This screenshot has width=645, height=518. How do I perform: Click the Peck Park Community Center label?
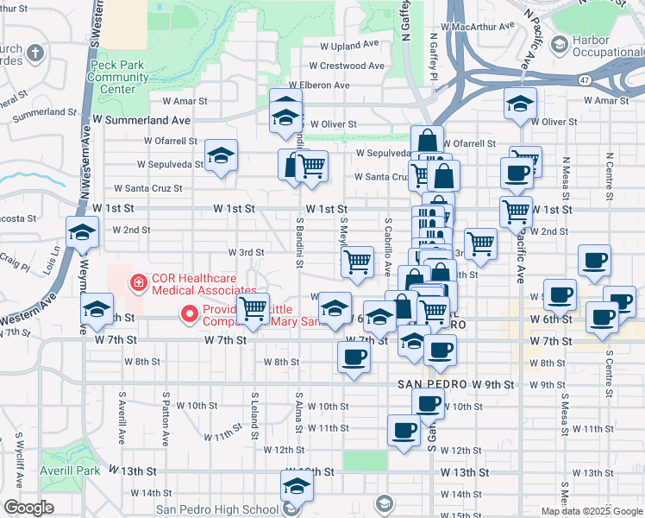(111, 77)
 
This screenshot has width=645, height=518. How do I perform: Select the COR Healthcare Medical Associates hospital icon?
(136, 281)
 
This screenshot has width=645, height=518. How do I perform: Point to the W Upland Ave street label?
(349, 45)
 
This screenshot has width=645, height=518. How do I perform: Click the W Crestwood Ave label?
(346, 66)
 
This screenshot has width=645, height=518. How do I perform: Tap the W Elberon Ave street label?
(319, 85)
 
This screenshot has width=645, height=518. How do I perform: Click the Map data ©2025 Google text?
(591, 511)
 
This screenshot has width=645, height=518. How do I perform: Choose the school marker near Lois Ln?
(82, 231)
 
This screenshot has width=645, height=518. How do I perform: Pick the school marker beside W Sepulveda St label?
(221, 155)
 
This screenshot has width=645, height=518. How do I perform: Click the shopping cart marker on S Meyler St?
(357, 260)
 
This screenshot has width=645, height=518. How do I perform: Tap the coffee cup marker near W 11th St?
(404, 429)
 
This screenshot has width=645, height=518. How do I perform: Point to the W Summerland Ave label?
(141, 121)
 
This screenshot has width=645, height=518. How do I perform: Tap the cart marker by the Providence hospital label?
(252, 307)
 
